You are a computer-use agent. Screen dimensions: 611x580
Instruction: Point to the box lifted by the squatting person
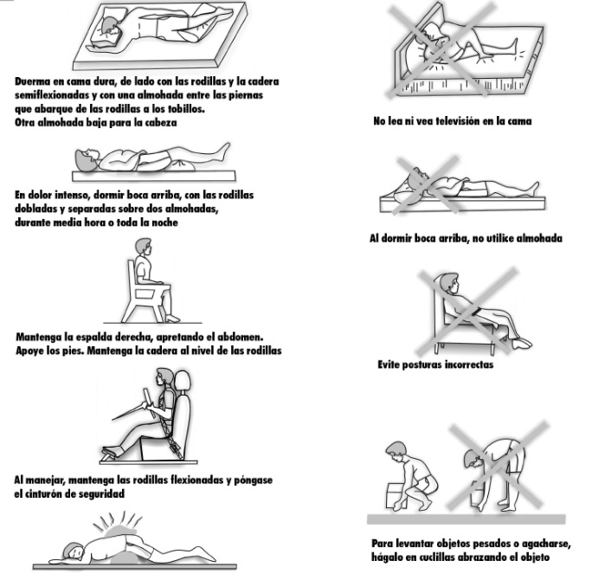pyautogui.click(x=396, y=496)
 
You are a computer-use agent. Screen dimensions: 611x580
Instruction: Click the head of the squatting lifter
pyautogui.click(x=396, y=450)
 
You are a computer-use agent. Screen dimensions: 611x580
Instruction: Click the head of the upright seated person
pyautogui.click(x=143, y=247)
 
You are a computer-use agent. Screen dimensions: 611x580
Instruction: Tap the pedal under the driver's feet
pyautogui.click(x=113, y=453)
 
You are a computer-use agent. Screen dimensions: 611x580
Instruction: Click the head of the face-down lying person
pyautogui.click(x=74, y=550)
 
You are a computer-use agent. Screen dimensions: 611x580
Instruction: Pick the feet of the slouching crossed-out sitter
pyautogui.click(x=521, y=344)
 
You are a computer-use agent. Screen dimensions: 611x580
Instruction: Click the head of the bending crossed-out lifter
pyautogui.click(x=473, y=460)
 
